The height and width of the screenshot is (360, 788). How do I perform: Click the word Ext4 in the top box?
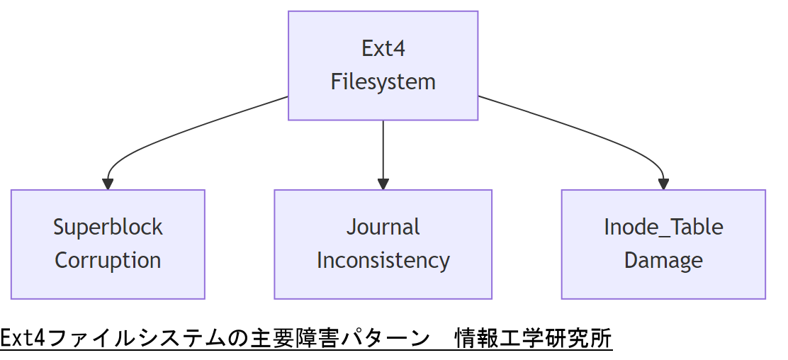tap(383, 49)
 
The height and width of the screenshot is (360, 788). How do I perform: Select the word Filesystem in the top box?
tap(383, 81)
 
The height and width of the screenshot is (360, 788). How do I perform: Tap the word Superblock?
tap(108, 227)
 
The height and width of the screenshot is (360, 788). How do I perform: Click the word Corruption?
tap(108, 260)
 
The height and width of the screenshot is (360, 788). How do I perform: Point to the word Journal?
tap(383, 227)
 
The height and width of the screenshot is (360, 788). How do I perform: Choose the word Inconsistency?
tap(383, 260)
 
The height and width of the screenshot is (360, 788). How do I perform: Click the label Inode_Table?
tap(663, 227)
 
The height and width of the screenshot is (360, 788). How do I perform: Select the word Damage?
tap(663, 260)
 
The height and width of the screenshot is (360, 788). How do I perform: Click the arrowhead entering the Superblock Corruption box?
tap(108, 184)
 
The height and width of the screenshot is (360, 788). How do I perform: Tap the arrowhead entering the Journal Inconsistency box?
tap(383, 184)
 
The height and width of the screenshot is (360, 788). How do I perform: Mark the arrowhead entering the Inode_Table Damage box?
tap(663, 184)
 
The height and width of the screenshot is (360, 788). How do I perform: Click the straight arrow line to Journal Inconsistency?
tap(383, 149)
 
